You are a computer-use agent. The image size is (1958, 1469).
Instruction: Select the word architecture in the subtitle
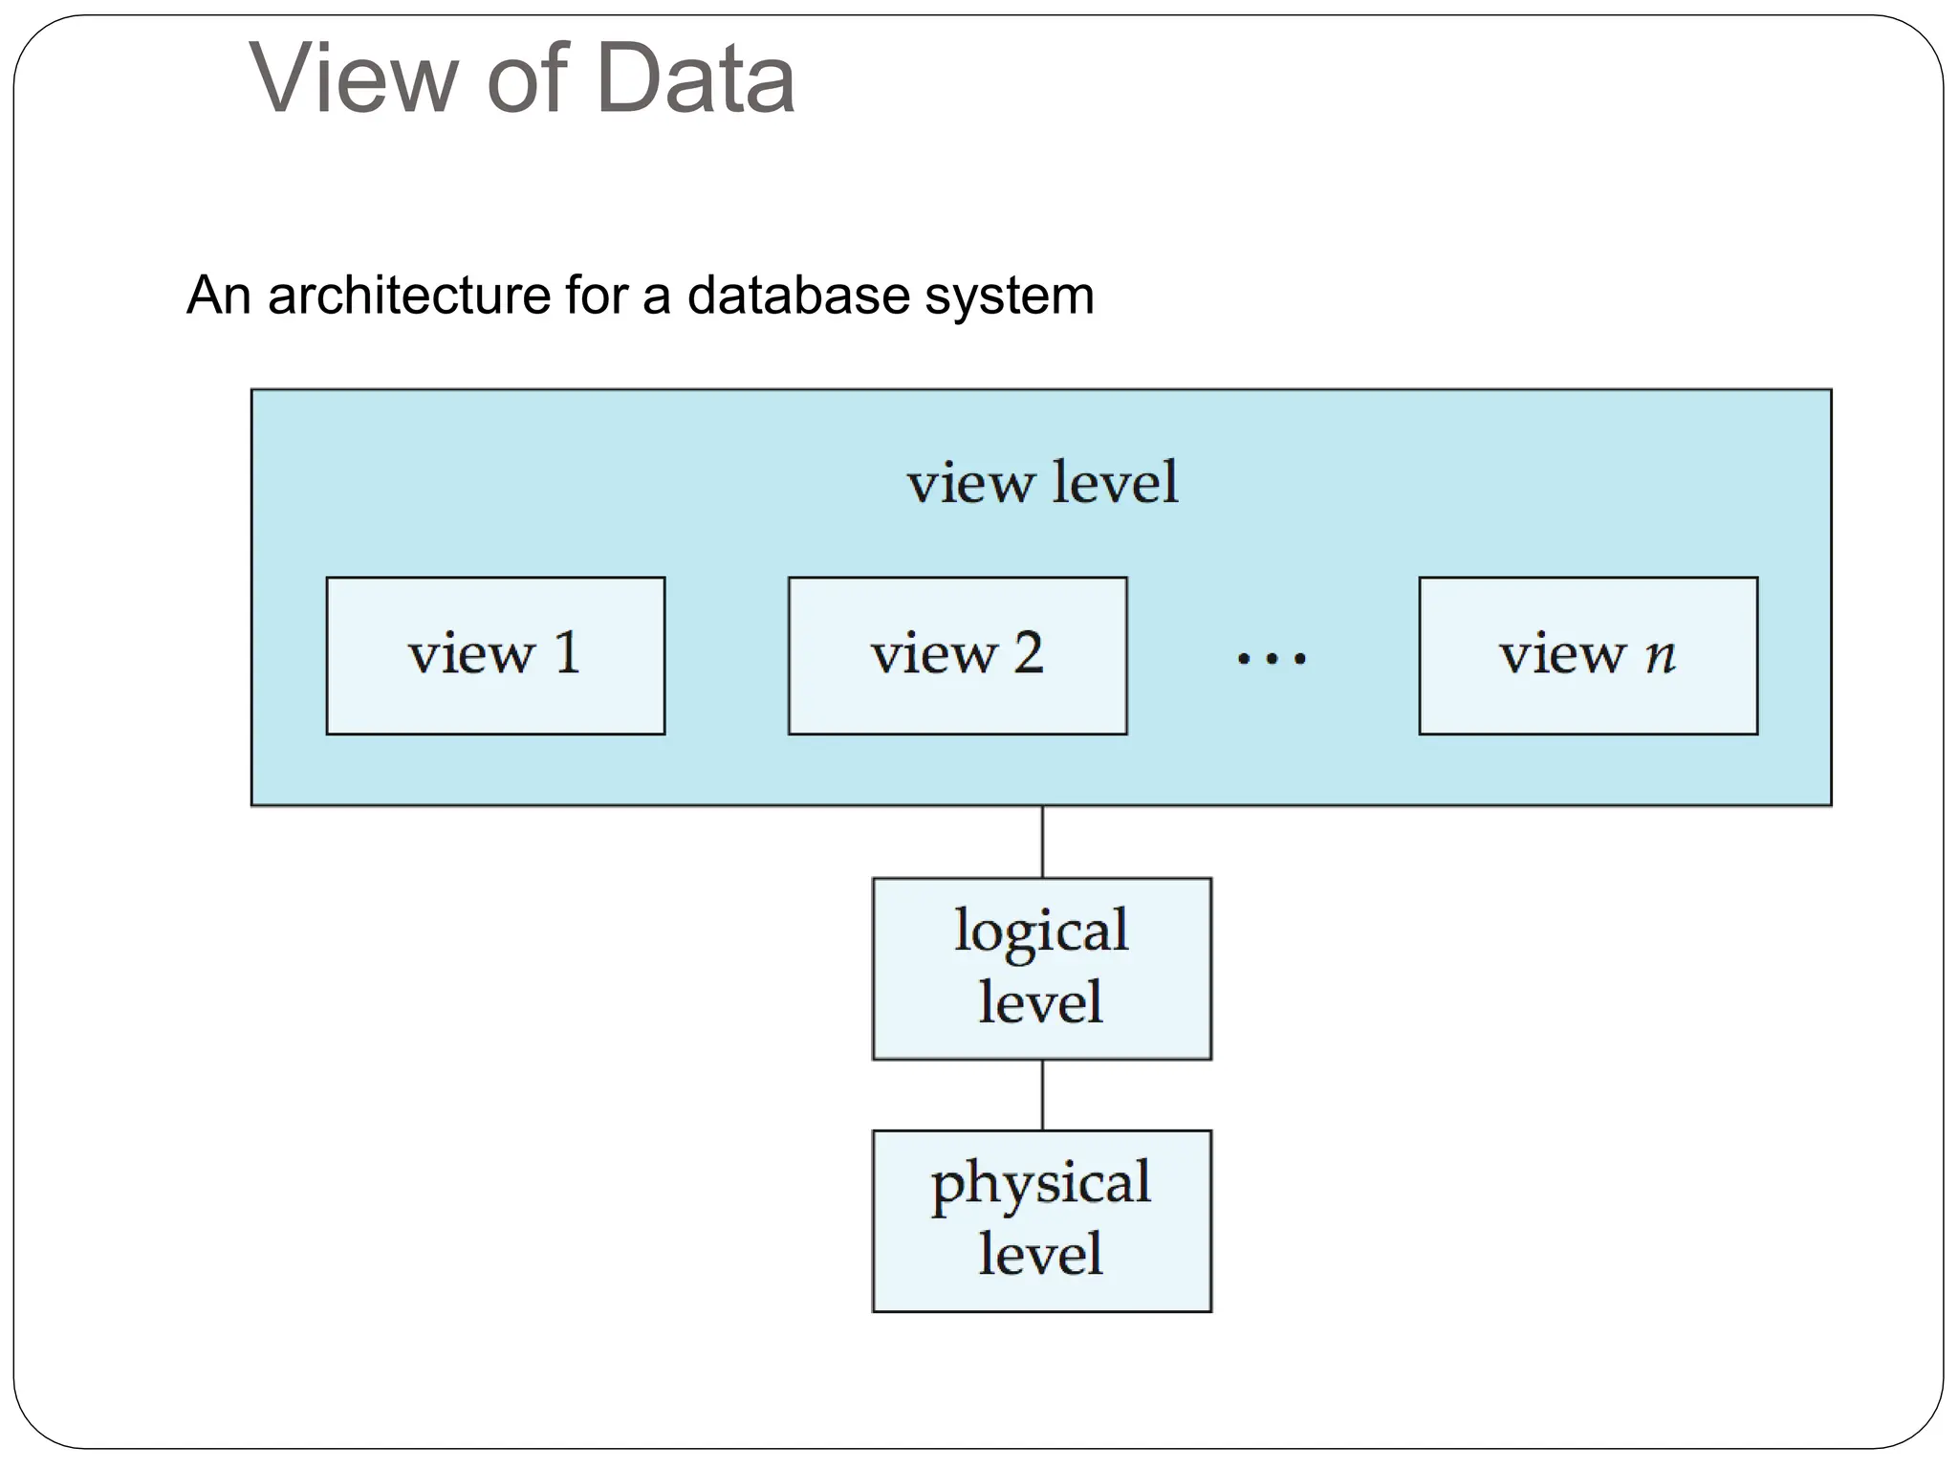[x=408, y=296]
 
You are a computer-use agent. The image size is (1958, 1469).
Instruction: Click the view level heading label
[x=1042, y=482]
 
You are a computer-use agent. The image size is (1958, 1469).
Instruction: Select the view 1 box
[x=495, y=656]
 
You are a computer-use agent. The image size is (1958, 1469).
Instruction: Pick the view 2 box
[x=957, y=656]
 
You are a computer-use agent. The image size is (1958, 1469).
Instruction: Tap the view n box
[x=1588, y=656]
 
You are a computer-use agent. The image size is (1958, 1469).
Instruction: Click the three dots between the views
[x=1272, y=659]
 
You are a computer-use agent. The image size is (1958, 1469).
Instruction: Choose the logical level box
[x=1041, y=968]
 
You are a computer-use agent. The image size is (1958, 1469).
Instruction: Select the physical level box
[x=1041, y=1220]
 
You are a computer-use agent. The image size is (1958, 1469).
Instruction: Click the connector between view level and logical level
[x=1042, y=842]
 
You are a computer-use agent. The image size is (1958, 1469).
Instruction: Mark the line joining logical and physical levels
[x=1042, y=1094]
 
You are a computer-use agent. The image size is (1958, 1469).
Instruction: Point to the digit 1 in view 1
[x=568, y=654]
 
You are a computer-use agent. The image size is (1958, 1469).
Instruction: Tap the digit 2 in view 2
[x=1028, y=654]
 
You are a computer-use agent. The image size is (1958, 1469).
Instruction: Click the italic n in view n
[x=1661, y=656]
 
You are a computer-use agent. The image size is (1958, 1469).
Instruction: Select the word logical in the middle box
[x=1041, y=931]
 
